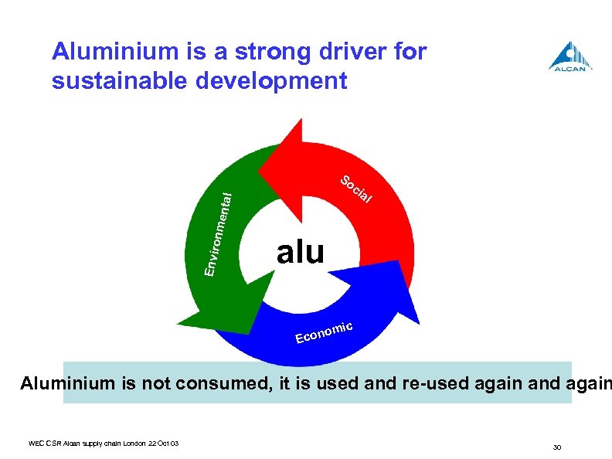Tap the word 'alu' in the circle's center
(x=301, y=252)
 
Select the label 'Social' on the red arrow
(x=357, y=191)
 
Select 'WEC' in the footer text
(x=36, y=443)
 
